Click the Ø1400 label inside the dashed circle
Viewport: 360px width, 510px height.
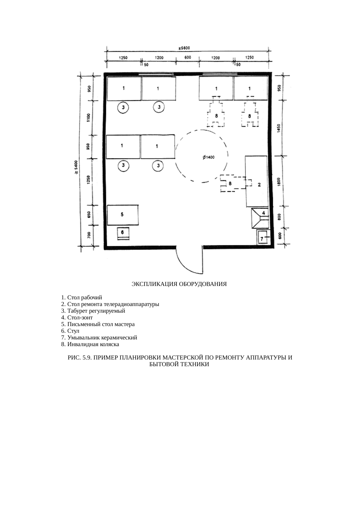click(x=208, y=157)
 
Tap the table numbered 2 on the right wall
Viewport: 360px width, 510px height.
click(x=257, y=181)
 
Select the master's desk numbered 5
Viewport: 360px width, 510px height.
click(x=123, y=215)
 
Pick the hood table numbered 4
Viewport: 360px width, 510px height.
click(x=260, y=218)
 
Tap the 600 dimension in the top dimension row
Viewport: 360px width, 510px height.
click(x=188, y=57)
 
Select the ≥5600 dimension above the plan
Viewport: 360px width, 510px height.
click(x=184, y=48)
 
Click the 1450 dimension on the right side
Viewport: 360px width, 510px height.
click(x=279, y=128)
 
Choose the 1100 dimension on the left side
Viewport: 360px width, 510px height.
click(x=89, y=118)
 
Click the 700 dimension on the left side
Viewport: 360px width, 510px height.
click(x=89, y=235)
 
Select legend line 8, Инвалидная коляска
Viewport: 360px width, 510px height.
click(x=90, y=344)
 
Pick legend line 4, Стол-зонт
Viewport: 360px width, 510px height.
click(x=77, y=318)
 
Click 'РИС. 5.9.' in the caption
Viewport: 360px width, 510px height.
click(x=80, y=358)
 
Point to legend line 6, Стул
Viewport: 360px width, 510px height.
click(x=70, y=331)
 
